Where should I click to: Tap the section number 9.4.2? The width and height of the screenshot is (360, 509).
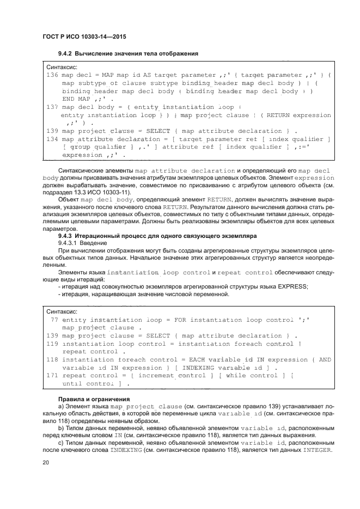pyautogui.click(x=66, y=53)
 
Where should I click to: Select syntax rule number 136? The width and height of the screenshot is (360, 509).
pyautogui.click(x=52, y=75)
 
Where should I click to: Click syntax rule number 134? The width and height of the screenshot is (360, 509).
pyautogui.click(x=52, y=139)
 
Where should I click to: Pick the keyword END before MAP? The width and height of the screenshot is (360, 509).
pyautogui.click(x=69, y=99)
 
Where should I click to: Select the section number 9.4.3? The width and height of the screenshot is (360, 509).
pyautogui.click(x=66, y=236)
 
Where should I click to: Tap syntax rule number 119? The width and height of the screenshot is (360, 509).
pyautogui.click(x=52, y=344)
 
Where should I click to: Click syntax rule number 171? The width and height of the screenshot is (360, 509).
pyautogui.click(x=52, y=376)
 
